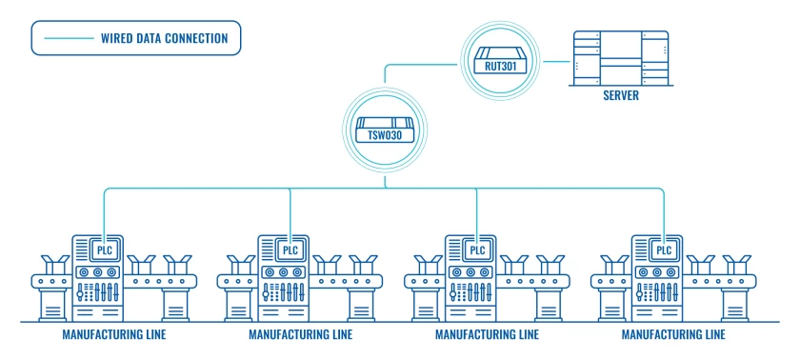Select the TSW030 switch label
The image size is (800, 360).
pyautogui.click(x=384, y=135)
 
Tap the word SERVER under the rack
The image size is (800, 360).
pyautogui.click(x=620, y=96)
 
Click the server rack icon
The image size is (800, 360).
pyautogui.click(x=620, y=58)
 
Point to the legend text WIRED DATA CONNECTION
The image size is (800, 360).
pyautogui.click(x=164, y=38)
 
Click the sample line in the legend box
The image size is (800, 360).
pyautogui.click(x=69, y=38)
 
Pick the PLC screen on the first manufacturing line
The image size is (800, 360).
pyautogui.click(x=105, y=250)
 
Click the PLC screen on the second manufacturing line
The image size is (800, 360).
pyautogui.click(x=290, y=250)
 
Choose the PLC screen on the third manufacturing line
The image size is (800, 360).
pyautogui.click(x=477, y=250)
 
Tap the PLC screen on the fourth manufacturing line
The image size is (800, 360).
pyautogui.click(x=664, y=250)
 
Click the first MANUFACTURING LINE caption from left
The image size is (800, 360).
pyautogui.click(x=113, y=335)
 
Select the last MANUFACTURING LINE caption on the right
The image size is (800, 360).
pyautogui.click(x=673, y=335)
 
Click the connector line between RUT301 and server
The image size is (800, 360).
pyautogui.click(x=556, y=62)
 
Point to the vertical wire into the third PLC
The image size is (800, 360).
pyautogui.click(x=476, y=215)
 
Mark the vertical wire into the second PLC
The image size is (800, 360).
pyautogui.click(x=290, y=215)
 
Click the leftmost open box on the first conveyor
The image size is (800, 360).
pyautogui.click(x=55, y=265)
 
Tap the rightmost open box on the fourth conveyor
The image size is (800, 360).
pyautogui.click(x=737, y=265)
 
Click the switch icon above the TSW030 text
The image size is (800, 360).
pyautogui.click(x=384, y=124)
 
